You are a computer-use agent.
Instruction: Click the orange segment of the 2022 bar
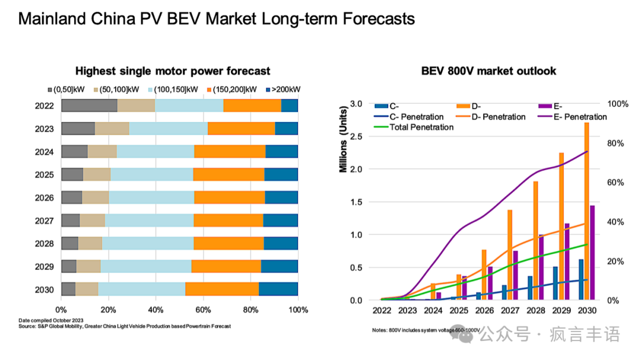252,106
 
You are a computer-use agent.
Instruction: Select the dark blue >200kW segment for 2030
278,289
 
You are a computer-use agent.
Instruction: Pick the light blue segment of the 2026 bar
151,197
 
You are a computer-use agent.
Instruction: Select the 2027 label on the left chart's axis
45,221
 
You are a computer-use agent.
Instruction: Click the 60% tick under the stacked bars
203,310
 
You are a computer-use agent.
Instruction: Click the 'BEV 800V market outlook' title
488,71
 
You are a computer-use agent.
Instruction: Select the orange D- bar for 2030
586,211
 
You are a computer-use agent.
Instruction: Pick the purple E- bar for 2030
592,253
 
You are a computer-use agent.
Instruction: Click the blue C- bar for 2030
580,279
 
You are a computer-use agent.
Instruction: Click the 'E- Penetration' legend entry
572,117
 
